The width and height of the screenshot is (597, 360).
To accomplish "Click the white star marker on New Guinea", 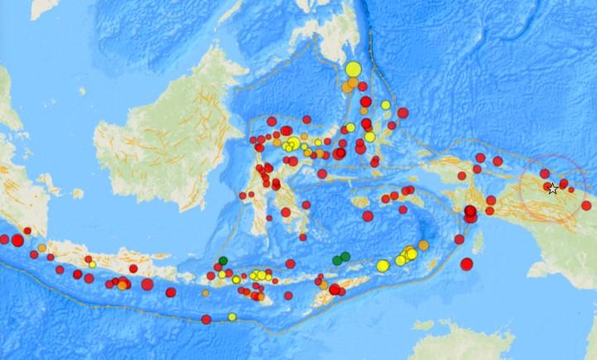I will coord(552,190).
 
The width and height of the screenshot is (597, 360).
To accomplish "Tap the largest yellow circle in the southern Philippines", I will coord(354,70).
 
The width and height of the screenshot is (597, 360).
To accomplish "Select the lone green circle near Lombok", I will coord(223,262).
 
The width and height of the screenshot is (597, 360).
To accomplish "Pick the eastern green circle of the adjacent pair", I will coord(346,257).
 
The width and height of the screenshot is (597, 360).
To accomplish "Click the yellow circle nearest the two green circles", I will coord(383,266).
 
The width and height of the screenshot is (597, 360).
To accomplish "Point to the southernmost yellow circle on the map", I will coord(232,316).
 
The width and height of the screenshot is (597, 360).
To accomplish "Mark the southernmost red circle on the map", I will coord(205,319).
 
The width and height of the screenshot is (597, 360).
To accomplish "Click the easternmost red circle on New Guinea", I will coord(586,205).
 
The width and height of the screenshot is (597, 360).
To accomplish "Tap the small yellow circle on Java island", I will coord(92,265).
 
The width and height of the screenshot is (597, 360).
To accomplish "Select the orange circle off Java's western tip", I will coord(41,247).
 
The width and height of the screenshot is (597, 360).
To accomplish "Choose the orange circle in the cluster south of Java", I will coord(122,286).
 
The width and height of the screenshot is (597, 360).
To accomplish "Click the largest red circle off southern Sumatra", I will coord(17,240).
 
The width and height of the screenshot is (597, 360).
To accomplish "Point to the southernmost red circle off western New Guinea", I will coord(466,264).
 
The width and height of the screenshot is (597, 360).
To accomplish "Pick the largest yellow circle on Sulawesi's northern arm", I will coord(291,145).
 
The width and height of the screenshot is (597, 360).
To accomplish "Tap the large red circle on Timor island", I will coord(335,289).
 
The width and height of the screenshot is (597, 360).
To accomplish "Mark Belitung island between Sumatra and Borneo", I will coord(76,194).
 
